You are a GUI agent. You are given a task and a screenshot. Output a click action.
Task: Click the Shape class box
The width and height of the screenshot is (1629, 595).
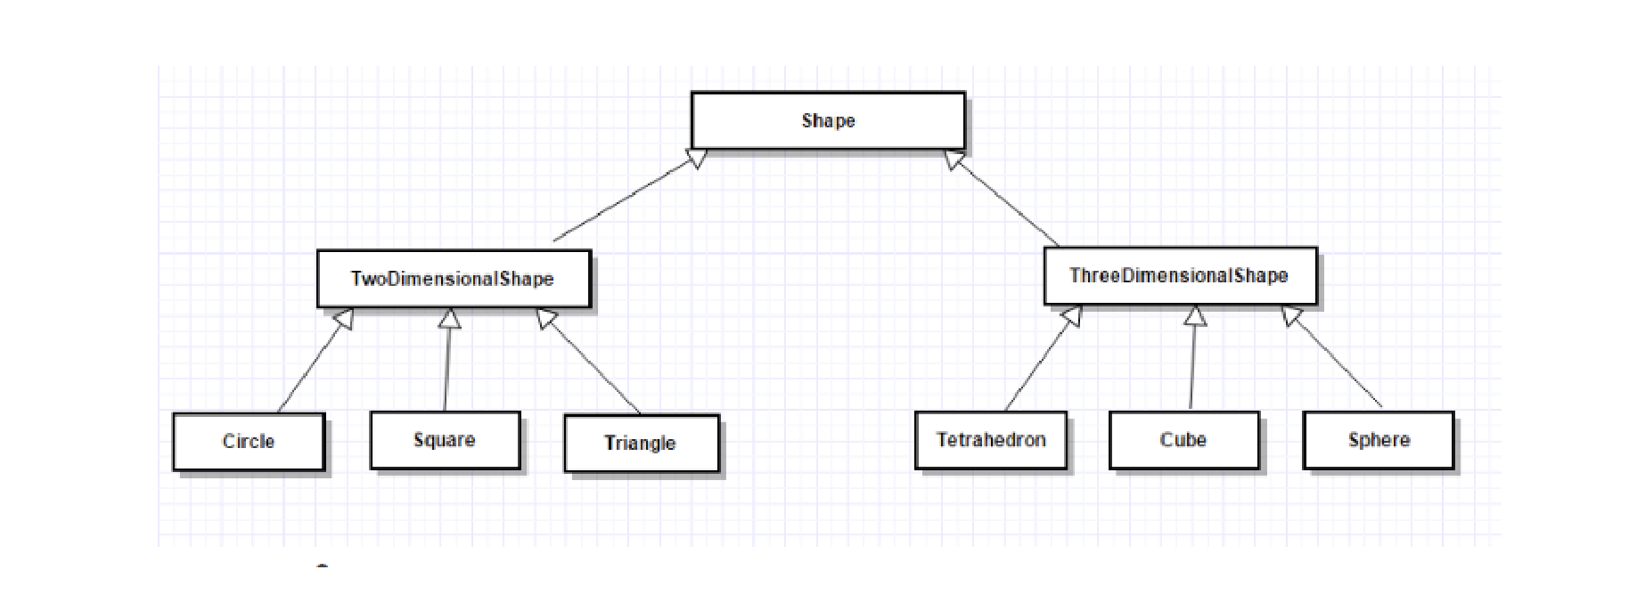[x=828, y=120]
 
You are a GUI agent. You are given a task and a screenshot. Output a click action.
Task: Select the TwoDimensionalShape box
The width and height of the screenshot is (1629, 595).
[x=453, y=279]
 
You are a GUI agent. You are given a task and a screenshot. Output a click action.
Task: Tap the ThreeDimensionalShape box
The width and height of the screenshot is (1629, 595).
[x=1179, y=276]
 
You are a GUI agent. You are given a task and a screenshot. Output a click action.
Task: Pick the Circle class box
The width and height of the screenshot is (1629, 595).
[x=249, y=441]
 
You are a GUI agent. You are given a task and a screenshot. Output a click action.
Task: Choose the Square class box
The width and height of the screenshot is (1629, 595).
[x=445, y=440]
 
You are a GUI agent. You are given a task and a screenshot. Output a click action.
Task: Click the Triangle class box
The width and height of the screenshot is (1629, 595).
[x=641, y=443]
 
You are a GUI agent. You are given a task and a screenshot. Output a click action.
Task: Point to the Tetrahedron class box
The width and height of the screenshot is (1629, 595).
[x=991, y=440]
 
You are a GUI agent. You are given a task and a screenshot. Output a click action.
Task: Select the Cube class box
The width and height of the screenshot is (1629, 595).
[x=1183, y=440]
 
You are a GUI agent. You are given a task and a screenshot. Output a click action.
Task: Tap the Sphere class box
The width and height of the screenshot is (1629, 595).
[x=1379, y=440]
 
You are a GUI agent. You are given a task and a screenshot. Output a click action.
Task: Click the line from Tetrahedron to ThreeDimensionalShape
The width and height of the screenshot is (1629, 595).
[x=1037, y=367]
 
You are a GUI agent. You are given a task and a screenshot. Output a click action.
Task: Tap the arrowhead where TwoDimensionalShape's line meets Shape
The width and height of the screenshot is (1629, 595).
[x=698, y=159]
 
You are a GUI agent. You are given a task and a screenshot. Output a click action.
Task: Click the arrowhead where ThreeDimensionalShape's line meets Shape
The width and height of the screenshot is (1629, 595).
[x=954, y=160]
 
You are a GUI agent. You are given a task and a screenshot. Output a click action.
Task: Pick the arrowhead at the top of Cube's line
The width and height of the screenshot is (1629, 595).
[x=1196, y=316]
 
